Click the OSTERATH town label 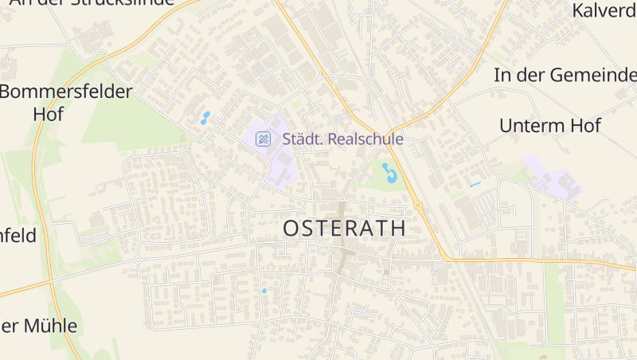pyautogui.click(x=344, y=228)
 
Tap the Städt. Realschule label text pyautogui.click(x=342, y=139)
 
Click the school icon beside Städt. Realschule pyautogui.click(x=262, y=139)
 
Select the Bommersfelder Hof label pyautogui.click(x=65, y=102)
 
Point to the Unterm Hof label pyautogui.click(x=549, y=125)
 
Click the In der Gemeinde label pyautogui.click(x=565, y=76)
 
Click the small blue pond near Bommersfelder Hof pyautogui.click(x=205, y=118)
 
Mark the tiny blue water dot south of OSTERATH pyautogui.click(x=264, y=291)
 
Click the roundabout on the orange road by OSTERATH pyautogui.click(x=417, y=205)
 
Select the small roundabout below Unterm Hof pyautogui.click(x=500, y=177)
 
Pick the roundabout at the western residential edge pyautogui.click(x=138, y=260)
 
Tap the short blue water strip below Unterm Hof pyautogui.click(x=475, y=185)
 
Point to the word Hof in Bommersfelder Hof pyautogui.click(x=48, y=113)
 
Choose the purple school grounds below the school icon pyautogui.click(x=280, y=163)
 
